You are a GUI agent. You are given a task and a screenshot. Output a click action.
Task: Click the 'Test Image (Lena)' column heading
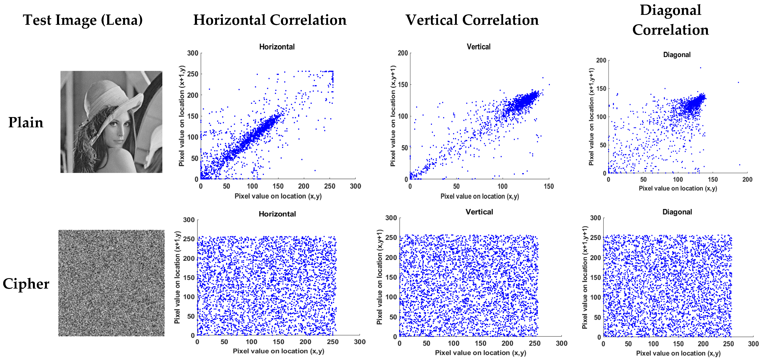[x=83, y=20]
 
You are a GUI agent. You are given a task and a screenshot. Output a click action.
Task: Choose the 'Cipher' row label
[x=26, y=284]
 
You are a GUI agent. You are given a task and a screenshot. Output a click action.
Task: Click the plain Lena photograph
[x=111, y=122]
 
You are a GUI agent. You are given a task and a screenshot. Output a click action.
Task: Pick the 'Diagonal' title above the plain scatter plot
[x=677, y=55]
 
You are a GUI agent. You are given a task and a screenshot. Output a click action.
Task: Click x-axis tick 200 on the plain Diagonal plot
[x=747, y=179]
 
